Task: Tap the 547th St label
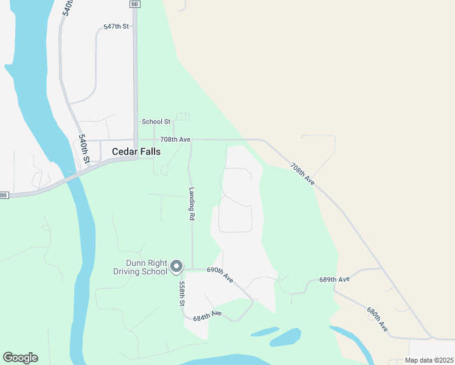click(116, 27)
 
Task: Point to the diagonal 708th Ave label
click(302, 173)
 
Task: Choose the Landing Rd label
click(191, 203)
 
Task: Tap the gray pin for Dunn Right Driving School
click(176, 266)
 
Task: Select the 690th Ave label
click(220, 274)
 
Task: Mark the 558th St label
click(181, 293)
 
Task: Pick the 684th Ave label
click(207, 315)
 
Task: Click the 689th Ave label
click(335, 280)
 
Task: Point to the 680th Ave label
click(377, 319)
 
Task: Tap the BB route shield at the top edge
click(134, 4)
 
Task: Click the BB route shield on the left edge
click(4, 195)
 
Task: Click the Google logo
click(20, 358)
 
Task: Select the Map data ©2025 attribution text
click(428, 360)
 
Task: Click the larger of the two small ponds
click(286, 337)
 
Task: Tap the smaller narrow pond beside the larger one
click(264, 332)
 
